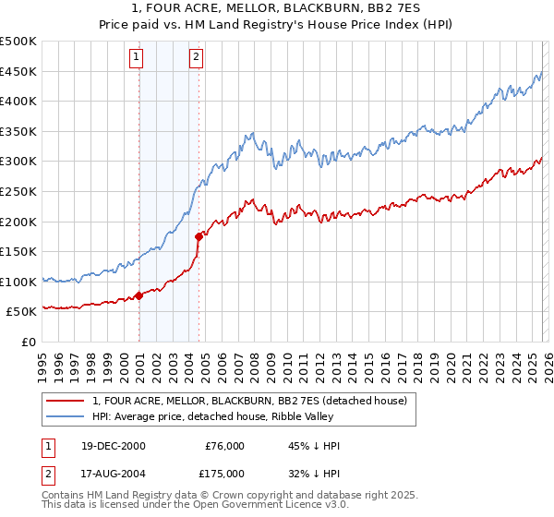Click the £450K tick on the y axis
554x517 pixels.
click(x=19, y=71)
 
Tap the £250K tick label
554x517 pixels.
click(x=19, y=191)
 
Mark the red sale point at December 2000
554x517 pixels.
click(x=139, y=296)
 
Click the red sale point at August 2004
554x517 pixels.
click(x=199, y=236)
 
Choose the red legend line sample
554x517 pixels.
click(x=65, y=401)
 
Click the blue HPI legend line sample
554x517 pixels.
click(x=65, y=417)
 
